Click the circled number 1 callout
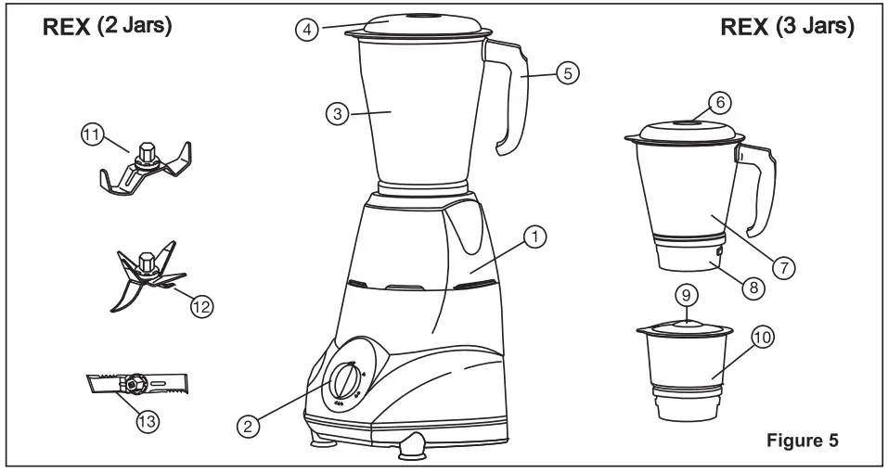(534, 237)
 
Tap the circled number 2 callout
(247, 426)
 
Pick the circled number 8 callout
(753, 288)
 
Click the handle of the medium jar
(759, 190)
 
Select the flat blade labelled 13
(134, 382)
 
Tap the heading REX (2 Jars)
(105, 27)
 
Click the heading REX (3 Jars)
(787, 27)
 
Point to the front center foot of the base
(412, 447)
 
